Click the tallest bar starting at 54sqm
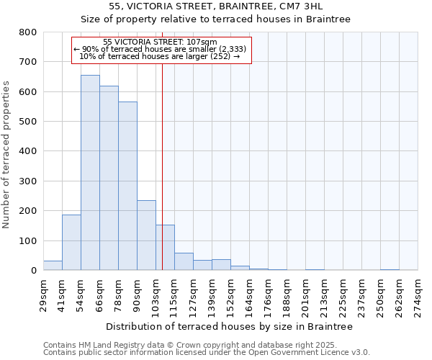tap(90, 173)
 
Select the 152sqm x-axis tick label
tap(231, 294)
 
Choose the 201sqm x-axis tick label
tap(306, 294)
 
